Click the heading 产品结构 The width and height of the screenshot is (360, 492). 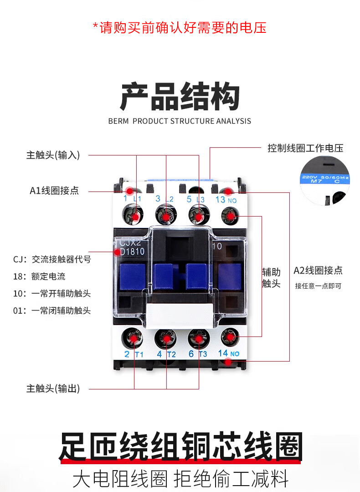180,96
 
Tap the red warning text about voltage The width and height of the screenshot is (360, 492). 180,27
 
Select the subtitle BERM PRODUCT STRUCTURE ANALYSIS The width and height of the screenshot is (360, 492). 180,121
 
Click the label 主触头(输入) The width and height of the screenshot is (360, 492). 53,155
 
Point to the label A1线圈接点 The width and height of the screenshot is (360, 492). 54,191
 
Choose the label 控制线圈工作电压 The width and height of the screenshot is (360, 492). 305,148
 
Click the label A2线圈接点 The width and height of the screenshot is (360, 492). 318,270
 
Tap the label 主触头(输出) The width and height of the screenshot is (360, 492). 53,388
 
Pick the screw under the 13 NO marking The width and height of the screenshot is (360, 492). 231,215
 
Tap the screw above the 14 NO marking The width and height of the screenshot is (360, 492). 231,337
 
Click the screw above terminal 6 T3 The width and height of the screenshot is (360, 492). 199,338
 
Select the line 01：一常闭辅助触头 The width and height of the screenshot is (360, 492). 52,311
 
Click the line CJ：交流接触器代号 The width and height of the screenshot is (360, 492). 52,259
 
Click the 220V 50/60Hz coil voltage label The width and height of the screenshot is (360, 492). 324,177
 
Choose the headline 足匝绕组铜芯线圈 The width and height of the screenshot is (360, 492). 180,447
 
